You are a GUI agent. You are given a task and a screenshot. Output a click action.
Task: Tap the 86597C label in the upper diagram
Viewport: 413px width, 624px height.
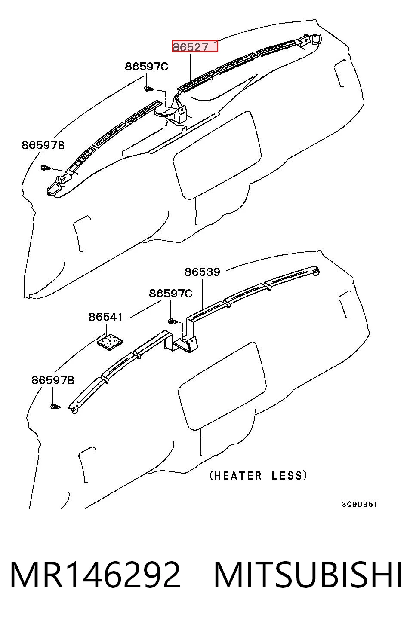[146, 67]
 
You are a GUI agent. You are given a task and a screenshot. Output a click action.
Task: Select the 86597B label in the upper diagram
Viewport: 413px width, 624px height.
[43, 145]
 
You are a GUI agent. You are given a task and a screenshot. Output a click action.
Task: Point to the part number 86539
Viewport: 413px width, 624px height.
[202, 272]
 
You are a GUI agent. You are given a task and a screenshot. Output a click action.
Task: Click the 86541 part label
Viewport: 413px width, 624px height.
[105, 317]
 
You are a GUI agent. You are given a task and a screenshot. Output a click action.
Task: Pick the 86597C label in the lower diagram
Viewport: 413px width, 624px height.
[171, 294]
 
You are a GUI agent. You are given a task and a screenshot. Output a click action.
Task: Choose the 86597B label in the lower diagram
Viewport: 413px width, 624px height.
[53, 380]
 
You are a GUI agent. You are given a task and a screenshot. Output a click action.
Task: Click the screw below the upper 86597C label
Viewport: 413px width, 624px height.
[148, 89]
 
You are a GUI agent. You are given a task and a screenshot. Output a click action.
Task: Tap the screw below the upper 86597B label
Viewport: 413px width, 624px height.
[46, 168]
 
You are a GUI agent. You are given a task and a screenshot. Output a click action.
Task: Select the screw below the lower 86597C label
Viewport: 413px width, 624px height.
[173, 321]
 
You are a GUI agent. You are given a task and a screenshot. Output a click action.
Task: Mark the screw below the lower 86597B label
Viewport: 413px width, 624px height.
[55, 407]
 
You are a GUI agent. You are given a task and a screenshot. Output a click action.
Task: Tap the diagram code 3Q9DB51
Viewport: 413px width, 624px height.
[360, 504]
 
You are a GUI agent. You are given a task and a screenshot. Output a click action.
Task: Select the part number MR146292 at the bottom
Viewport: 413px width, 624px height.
[96, 575]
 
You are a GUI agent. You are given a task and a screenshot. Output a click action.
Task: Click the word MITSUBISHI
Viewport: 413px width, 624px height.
[308, 575]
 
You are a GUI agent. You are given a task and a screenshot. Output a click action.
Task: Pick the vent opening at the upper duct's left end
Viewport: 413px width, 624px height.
[53, 190]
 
